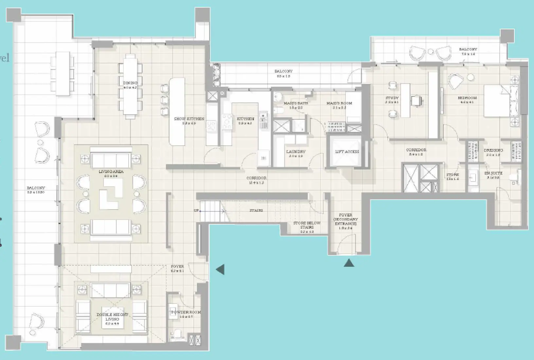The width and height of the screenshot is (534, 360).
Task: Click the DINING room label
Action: [130, 83]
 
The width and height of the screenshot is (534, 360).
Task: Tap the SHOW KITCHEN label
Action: [189, 119]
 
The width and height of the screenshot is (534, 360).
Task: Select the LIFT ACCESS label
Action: [347, 152]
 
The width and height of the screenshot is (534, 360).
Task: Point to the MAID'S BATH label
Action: [296, 103]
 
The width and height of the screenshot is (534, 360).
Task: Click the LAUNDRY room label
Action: [296, 152]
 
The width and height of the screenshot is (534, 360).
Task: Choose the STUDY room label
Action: [392, 98]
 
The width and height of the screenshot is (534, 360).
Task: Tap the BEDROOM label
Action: [467, 98]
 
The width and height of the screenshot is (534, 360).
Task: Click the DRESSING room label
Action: [493, 151]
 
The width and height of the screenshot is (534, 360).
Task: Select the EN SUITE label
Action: [493, 173]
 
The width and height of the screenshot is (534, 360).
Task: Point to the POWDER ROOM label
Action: [186, 312]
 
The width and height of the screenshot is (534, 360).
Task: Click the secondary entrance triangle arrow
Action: [349, 263]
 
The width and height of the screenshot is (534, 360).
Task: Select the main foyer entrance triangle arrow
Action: [220, 269]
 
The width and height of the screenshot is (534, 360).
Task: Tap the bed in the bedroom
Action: [497, 100]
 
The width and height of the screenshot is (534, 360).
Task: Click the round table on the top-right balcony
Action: [431, 51]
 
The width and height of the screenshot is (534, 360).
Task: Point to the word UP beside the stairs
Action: [196, 210]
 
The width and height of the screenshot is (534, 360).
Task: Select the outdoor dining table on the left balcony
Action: [62, 73]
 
